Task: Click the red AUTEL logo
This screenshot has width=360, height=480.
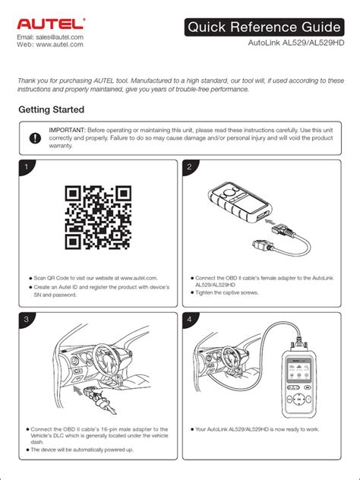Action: (x=51, y=24)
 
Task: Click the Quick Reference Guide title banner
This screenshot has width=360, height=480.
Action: (x=264, y=27)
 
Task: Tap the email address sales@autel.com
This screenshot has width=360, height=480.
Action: (x=59, y=37)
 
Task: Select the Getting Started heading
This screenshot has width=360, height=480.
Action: (x=51, y=109)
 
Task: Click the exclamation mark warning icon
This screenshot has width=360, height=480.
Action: (x=35, y=138)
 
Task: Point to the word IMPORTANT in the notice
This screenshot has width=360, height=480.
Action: (x=67, y=130)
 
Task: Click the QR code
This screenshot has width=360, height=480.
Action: (x=98, y=217)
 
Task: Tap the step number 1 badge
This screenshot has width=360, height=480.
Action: (x=27, y=167)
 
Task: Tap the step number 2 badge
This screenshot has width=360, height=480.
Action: (x=189, y=167)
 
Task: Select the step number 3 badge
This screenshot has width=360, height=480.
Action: (x=27, y=319)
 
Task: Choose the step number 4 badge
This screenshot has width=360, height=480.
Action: (x=189, y=319)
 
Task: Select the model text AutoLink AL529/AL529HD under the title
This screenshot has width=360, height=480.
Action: (x=296, y=43)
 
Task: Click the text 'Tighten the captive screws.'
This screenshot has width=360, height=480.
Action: (x=227, y=292)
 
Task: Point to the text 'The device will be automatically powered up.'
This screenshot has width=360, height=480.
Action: (x=82, y=450)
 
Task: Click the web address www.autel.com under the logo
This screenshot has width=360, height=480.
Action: (x=59, y=44)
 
